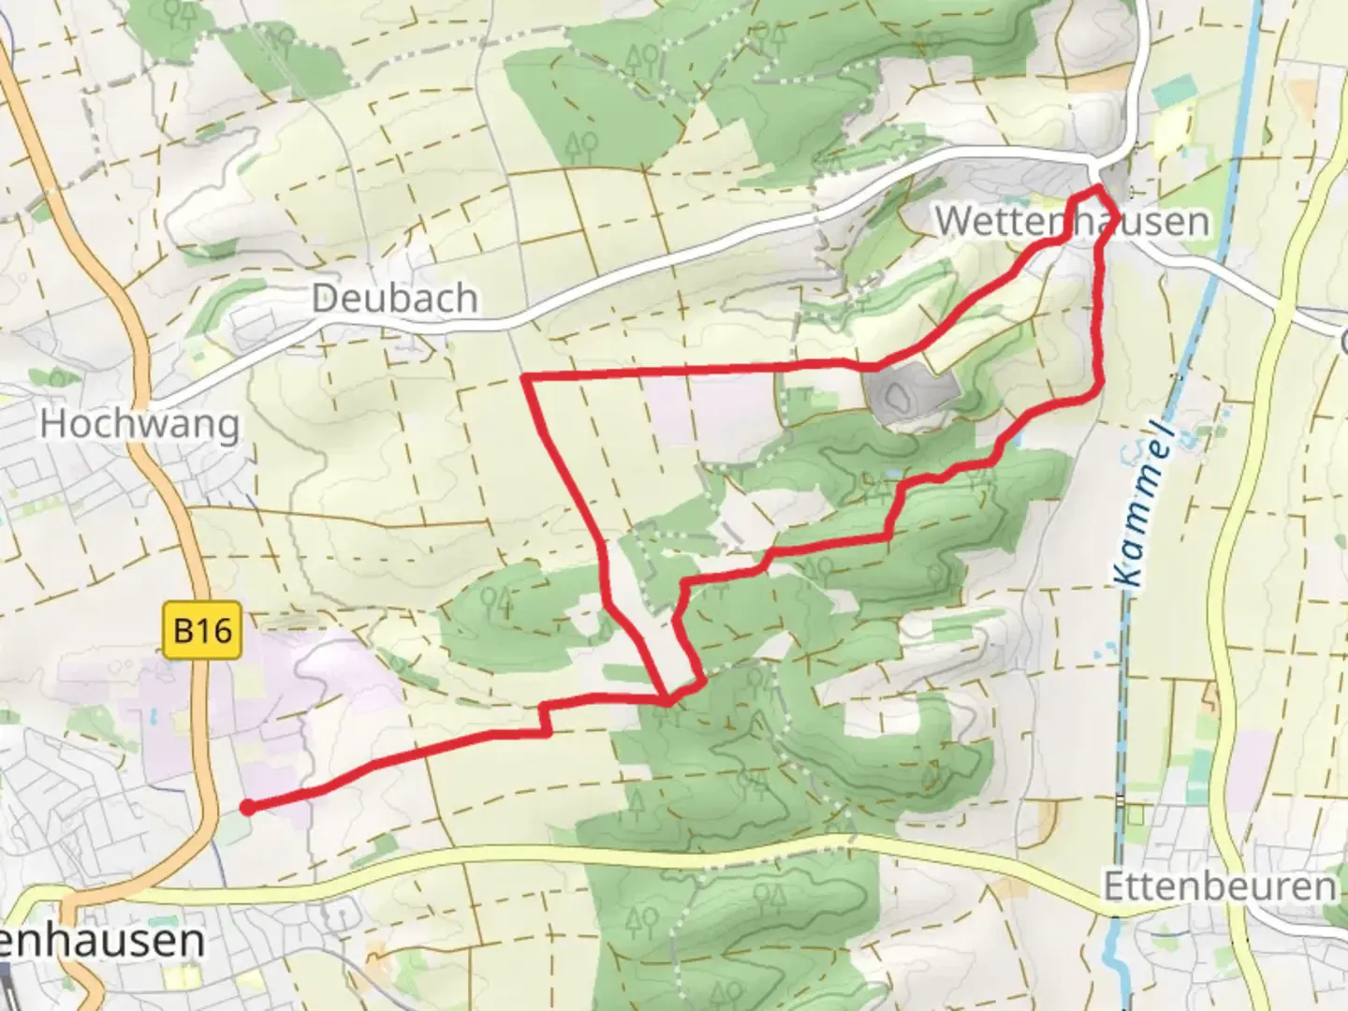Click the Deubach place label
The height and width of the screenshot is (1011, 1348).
[394, 299]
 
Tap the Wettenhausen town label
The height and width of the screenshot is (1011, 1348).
[1072, 222]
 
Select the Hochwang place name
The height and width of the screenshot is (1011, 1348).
[139, 424]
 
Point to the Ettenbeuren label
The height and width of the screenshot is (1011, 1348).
[1220, 886]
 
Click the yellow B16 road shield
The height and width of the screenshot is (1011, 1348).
[203, 630]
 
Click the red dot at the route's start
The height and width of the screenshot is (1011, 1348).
[247, 807]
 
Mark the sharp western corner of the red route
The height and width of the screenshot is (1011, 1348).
[524, 377]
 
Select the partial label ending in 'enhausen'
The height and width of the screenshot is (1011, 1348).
[103, 941]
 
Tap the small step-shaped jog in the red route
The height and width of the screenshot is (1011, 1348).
[546, 719]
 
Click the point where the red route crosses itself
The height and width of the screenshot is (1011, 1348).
[667, 698]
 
